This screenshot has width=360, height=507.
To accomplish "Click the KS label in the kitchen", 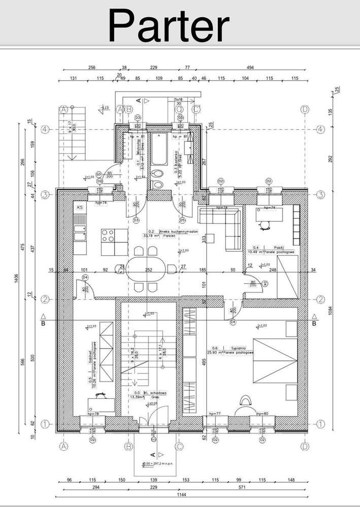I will pyautogui.click(x=80, y=208).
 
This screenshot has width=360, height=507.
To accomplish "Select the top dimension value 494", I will pyautogui.click(x=250, y=67).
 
